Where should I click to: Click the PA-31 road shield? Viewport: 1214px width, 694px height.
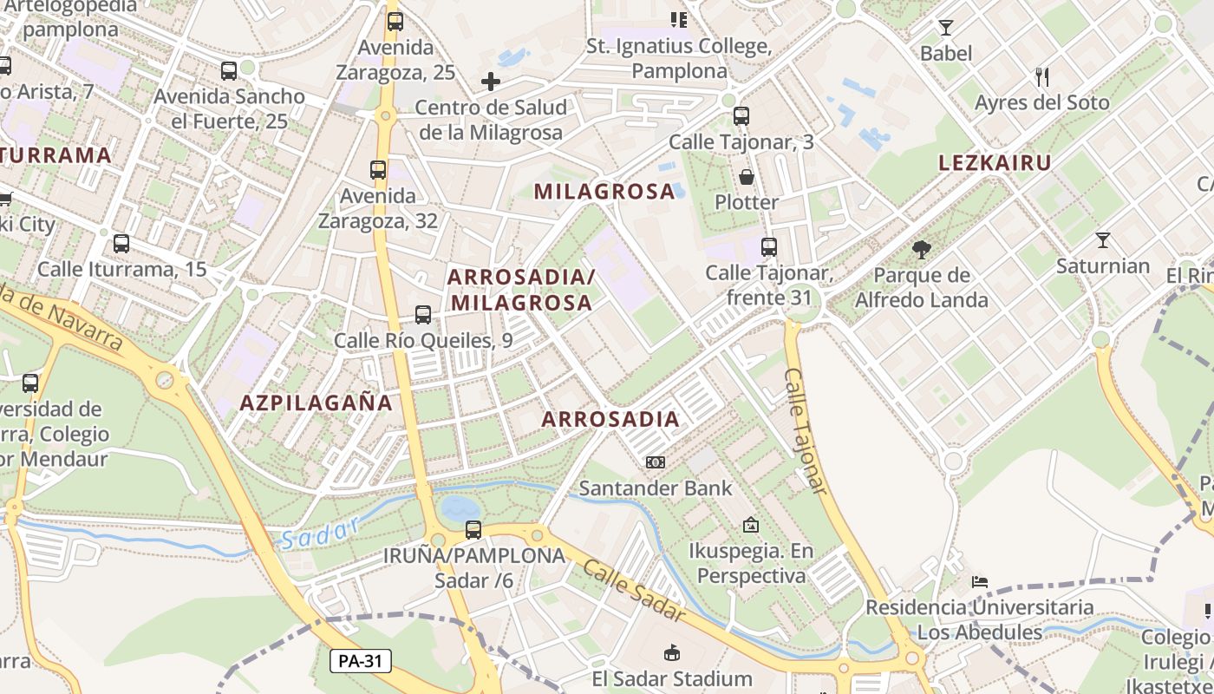click(361, 661)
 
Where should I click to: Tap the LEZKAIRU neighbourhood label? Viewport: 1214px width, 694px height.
click(995, 162)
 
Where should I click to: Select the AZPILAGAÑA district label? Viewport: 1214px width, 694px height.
click(317, 403)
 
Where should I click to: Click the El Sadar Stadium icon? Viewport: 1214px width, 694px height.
click(672, 652)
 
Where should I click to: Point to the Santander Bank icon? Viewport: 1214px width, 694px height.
click(656, 462)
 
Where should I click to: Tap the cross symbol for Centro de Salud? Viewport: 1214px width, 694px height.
click(491, 82)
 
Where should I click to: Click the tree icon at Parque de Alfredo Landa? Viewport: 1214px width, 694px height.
click(921, 250)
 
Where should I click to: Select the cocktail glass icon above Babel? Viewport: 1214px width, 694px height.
click(945, 27)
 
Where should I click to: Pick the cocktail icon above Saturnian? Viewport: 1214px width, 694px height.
click(1102, 240)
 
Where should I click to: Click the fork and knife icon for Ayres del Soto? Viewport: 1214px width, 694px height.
click(1041, 77)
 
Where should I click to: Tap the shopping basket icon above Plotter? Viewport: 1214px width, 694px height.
click(747, 177)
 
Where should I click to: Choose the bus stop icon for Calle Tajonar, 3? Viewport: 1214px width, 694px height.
click(741, 116)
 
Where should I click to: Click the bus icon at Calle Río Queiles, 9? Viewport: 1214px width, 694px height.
click(423, 315)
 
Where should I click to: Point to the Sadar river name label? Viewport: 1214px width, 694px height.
click(320, 533)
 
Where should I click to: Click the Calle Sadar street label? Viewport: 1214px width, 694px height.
click(634, 593)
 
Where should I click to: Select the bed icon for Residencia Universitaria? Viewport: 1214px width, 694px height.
click(980, 581)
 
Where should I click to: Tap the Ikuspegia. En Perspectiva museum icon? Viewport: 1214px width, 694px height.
click(751, 525)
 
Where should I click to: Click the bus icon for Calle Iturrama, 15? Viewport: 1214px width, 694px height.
click(121, 244)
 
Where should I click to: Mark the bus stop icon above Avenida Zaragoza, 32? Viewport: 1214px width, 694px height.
click(378, 170)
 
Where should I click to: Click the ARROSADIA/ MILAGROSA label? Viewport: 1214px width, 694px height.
click(521, 290)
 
